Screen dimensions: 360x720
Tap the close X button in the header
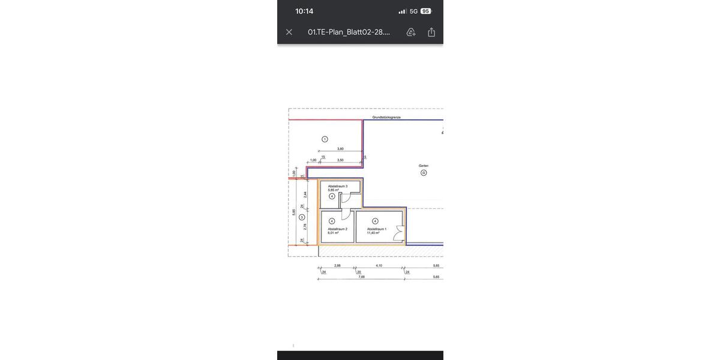point(289,32)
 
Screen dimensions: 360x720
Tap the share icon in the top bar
point(431,32)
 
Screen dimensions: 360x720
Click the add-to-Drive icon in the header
point(411,32)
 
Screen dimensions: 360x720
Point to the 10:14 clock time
point(304,11)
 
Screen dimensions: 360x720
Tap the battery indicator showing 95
point(426,11)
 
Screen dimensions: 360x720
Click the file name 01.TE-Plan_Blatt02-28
point(349,32)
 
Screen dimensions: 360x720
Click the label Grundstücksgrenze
point(386,117)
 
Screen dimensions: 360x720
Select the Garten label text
point(424,166)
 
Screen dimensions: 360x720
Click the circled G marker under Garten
point(424,173)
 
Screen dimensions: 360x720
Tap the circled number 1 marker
point(325,139)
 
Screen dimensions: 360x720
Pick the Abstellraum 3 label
point(338,186)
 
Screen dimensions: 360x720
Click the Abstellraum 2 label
point(337,229)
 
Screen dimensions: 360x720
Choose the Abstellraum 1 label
point(377,229)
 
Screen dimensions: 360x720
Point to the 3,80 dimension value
point(340,149)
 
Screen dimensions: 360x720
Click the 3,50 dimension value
point(340,160)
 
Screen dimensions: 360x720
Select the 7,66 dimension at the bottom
point(361,277)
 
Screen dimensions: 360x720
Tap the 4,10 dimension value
point(379,265)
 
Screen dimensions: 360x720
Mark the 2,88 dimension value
point(337,265)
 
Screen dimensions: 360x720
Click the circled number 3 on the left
point(302,217)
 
